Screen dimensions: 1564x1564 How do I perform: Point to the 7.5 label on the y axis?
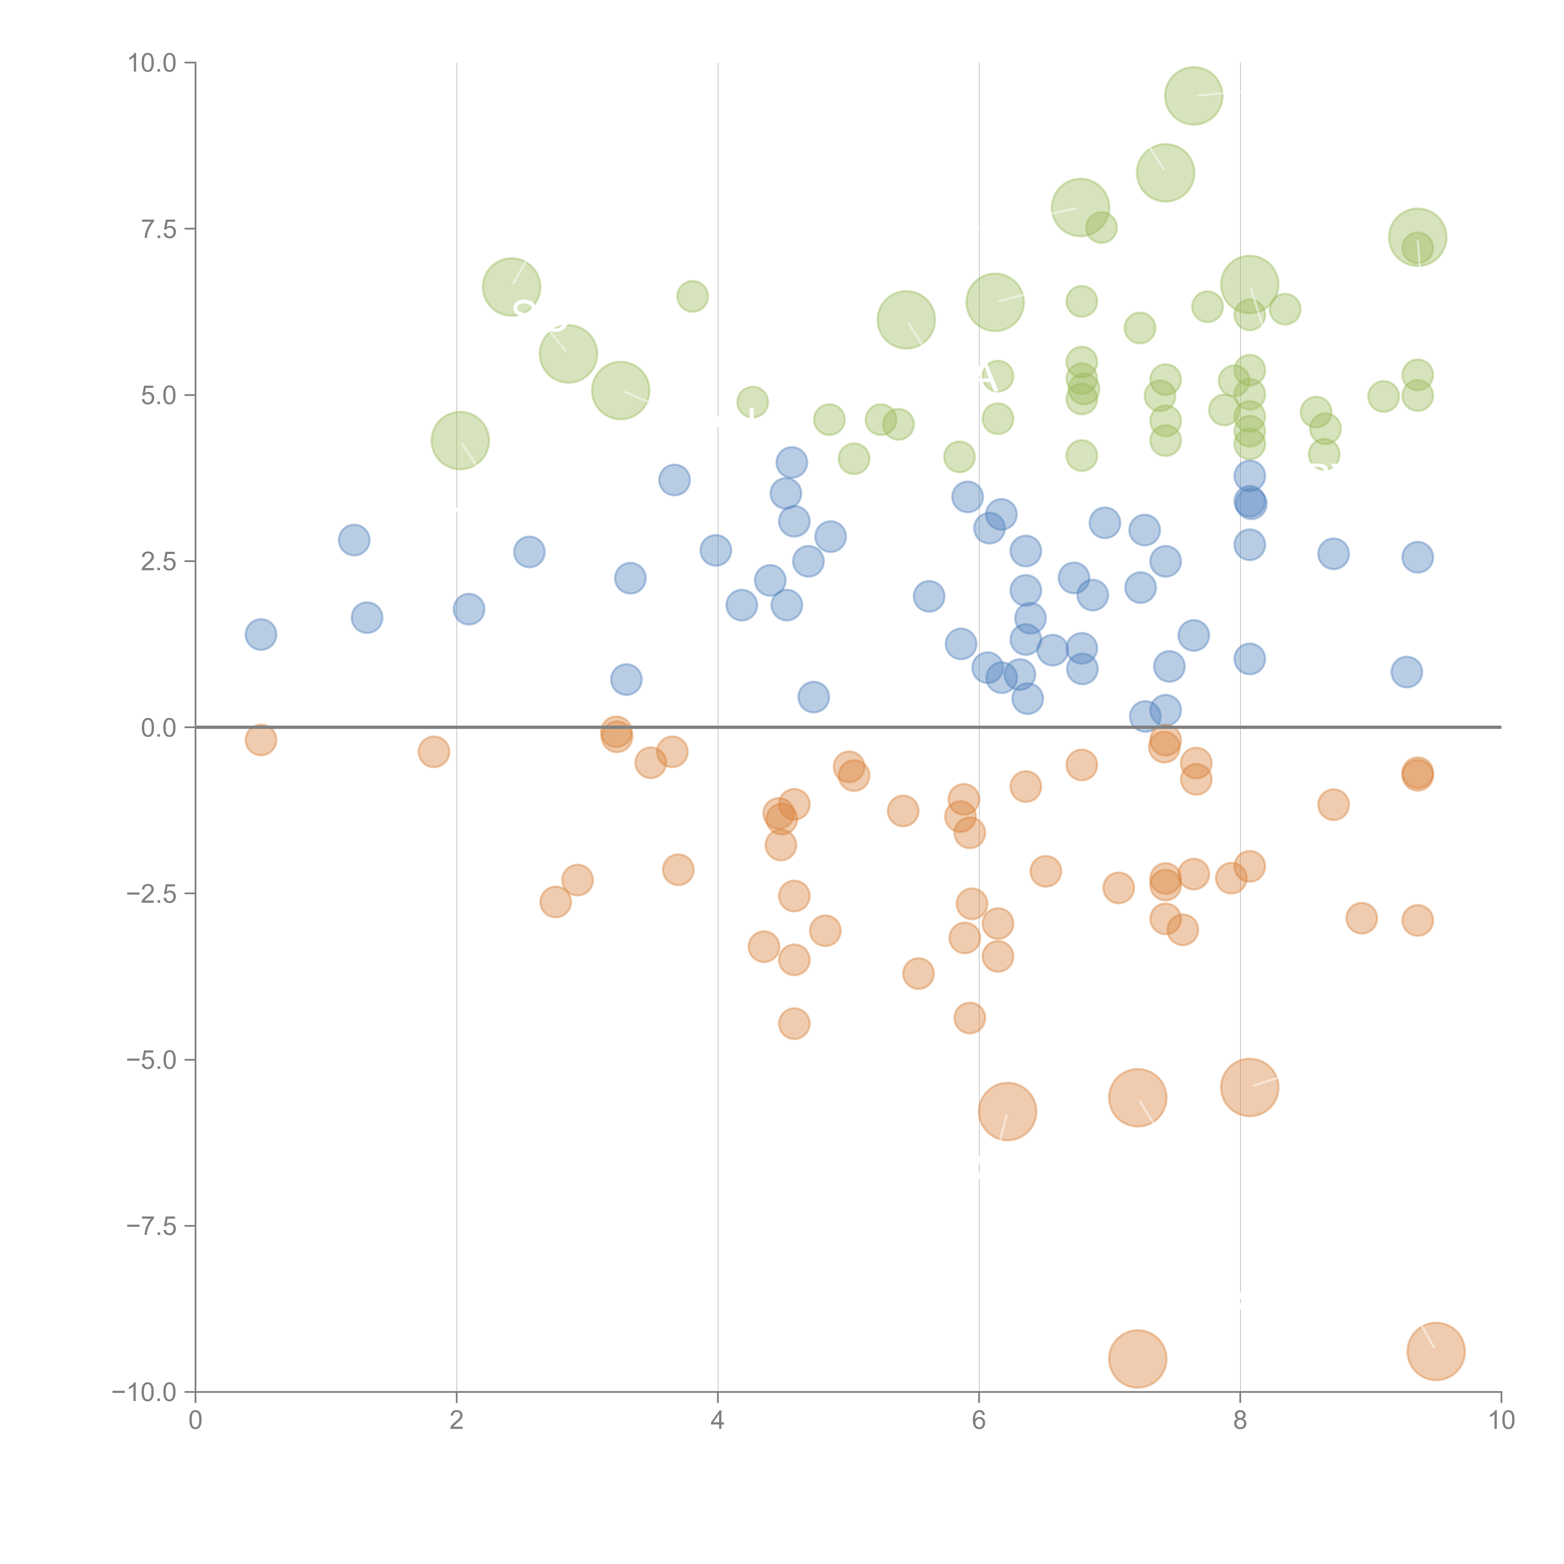159,229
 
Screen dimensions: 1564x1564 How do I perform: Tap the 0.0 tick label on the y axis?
159,728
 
